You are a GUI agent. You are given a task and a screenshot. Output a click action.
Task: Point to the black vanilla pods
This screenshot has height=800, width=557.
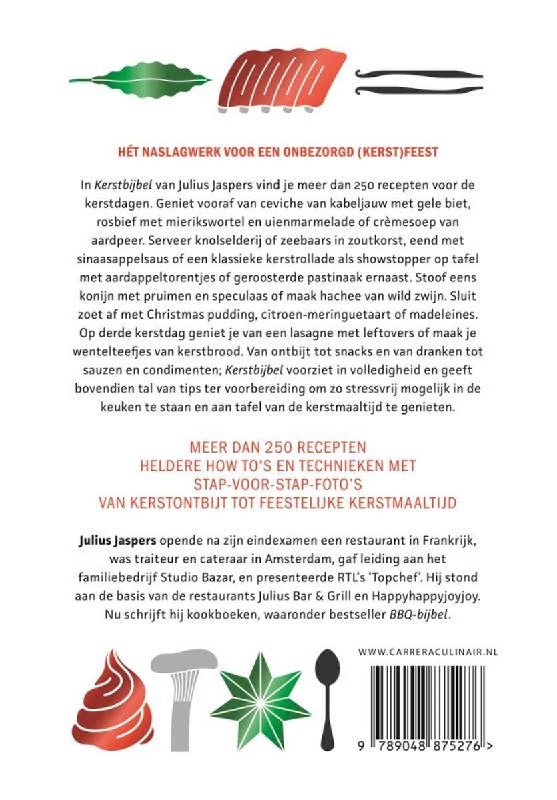coord(420,81)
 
